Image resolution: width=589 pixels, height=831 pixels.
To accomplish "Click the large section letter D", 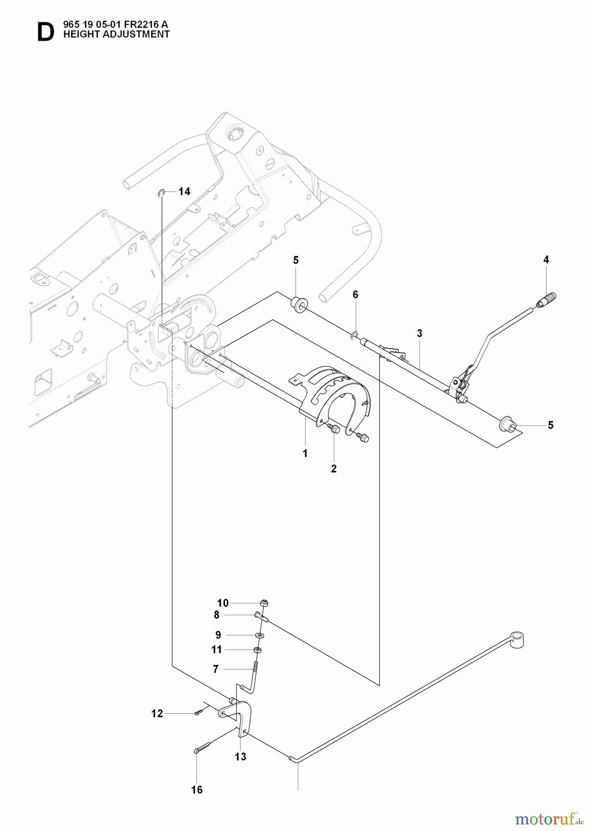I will point(45,33).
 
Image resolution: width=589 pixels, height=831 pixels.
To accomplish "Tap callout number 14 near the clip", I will point(184,192).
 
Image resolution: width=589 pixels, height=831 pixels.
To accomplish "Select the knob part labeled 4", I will point(549,298).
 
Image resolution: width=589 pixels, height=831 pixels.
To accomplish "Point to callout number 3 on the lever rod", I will point(419,333).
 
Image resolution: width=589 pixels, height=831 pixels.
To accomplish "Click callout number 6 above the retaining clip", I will point(355,295).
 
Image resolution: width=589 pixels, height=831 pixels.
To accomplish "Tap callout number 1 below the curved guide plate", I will point(305,453).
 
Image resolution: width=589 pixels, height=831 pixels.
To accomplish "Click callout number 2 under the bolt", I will point(334,469).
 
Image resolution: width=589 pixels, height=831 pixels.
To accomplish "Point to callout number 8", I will point(216,615).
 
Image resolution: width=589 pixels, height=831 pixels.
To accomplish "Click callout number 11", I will point(216,650).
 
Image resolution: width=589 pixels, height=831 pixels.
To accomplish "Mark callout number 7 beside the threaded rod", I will point(215,668).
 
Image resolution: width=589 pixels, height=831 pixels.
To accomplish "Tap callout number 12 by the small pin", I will point(157,714).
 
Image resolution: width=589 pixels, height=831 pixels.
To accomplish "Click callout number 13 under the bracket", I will point(240,757).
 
